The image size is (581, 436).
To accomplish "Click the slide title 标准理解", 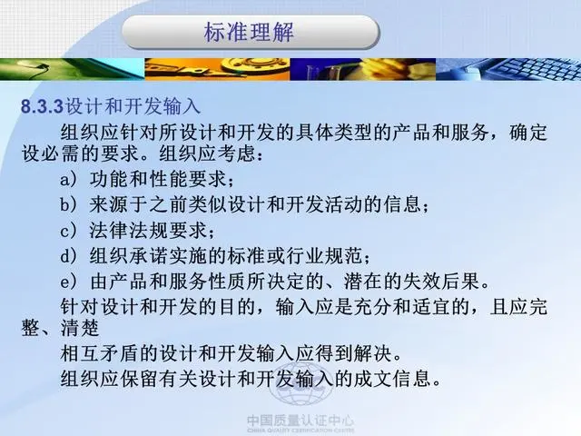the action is (249, 32).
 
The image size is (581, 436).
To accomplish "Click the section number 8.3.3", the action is (43, 107).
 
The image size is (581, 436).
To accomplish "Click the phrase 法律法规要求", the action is (148, 231).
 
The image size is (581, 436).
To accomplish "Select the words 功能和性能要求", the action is (158, 180).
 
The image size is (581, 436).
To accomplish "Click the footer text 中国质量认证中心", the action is (300, 421).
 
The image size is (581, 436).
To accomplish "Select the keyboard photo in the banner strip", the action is (508, 69).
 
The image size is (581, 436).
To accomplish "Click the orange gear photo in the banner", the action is (217, 69).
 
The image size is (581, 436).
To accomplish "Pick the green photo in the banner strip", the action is (73, 69).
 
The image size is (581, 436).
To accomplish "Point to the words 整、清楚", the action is (61, 328).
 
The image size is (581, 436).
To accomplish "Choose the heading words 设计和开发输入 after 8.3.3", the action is (133, 107).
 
